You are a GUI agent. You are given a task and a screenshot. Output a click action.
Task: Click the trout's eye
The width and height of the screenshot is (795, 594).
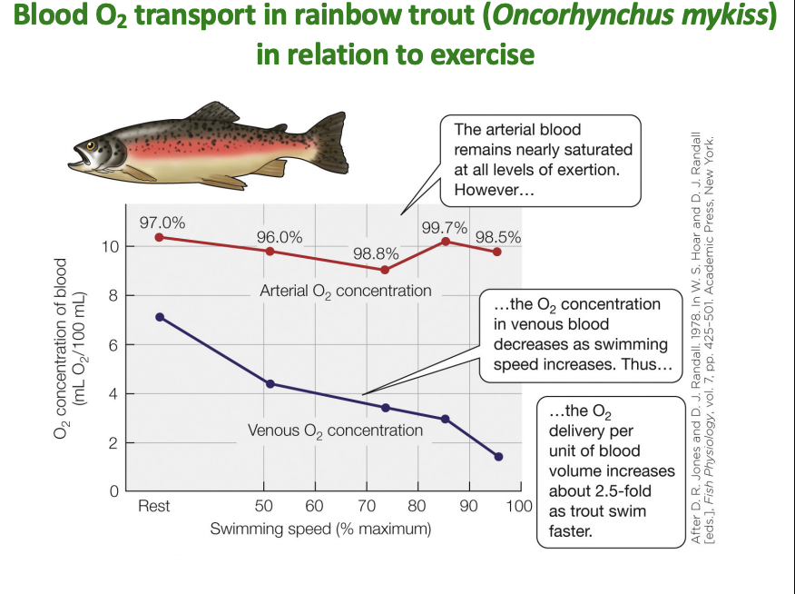(91, 145)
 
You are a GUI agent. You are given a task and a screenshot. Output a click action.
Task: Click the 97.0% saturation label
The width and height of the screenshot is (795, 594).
(162, 223)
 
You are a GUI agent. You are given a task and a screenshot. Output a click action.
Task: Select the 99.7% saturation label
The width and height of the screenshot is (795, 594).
(445, 227)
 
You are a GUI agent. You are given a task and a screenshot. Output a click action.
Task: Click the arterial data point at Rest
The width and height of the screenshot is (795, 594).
(160, 237)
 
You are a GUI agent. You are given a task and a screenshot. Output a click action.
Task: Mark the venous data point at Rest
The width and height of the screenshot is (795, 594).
(160, 317)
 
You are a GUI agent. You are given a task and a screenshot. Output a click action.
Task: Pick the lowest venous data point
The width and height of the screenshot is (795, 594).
(498, 456)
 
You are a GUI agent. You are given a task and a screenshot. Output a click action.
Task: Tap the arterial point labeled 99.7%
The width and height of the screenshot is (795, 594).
(446, 242)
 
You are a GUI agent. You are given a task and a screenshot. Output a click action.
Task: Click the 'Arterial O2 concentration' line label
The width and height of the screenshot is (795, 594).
(345, 292)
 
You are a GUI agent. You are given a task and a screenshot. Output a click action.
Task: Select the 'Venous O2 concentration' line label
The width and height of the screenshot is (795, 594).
(336, 430)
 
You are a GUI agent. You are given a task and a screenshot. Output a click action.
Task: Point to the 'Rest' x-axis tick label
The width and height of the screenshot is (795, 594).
(153, 506)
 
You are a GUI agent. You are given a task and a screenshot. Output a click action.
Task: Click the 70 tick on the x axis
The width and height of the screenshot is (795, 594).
(366, 506)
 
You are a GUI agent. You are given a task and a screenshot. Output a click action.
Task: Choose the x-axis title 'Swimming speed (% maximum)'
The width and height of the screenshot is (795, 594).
(320, 528)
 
